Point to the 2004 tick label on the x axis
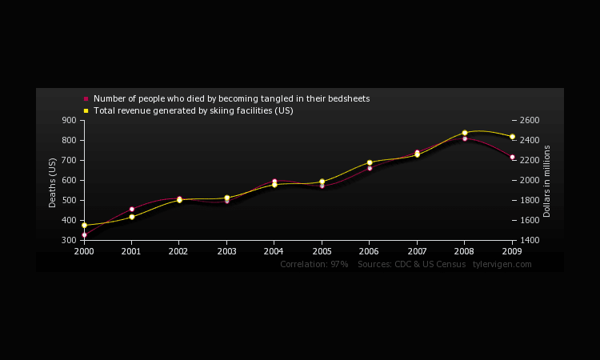(x=274, y=250)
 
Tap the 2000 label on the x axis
(x=84, y=250)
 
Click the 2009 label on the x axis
(x=513, y=250)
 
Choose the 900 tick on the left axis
(x=68, y=120)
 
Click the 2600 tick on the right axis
(x=530, y=120)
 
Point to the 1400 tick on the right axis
(x=530, y=240)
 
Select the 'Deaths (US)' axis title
(x=53, y=182)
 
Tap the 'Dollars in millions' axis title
(x=547, y=181)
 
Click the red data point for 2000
(x=84, y=234)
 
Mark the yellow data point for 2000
(x=84, y=225)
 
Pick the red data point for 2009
(x=512, y=157)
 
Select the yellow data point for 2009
(x=512, y=136)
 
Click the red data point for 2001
(x=131, y=209)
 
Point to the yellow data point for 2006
(x=370, y=162)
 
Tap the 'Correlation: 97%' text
(x=314, y=264)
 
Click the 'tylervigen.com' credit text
(x=502, y=264)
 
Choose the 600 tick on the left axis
(x=68, y=180)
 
